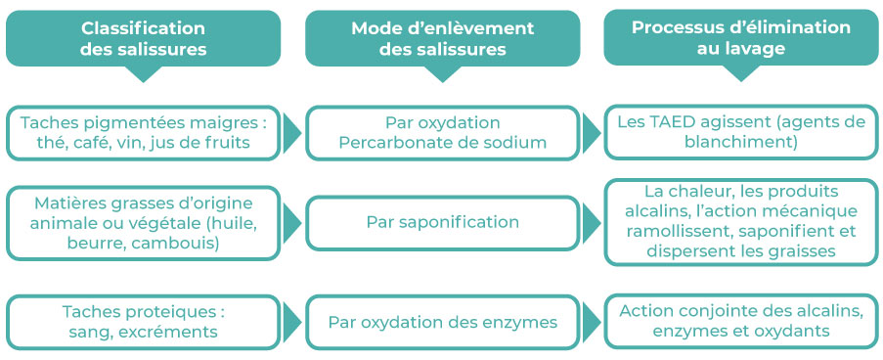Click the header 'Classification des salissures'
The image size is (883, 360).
143,38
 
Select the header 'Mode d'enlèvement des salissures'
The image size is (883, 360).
442,38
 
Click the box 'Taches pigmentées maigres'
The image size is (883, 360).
143,133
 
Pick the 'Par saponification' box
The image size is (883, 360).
442,222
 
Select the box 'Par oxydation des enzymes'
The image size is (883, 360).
442,322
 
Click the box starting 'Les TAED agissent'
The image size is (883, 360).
740,132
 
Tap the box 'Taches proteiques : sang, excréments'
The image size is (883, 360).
143,322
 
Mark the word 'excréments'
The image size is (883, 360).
176,332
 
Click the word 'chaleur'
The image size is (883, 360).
699,192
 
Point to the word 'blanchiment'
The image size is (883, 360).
740,143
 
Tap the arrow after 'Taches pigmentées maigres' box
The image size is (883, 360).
290,133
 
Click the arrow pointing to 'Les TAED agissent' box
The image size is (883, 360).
590,133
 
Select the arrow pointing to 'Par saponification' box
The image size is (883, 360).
290,223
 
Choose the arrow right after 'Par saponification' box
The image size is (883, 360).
590,223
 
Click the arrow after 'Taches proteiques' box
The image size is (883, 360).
290,322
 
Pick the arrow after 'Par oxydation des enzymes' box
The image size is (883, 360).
590,322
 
